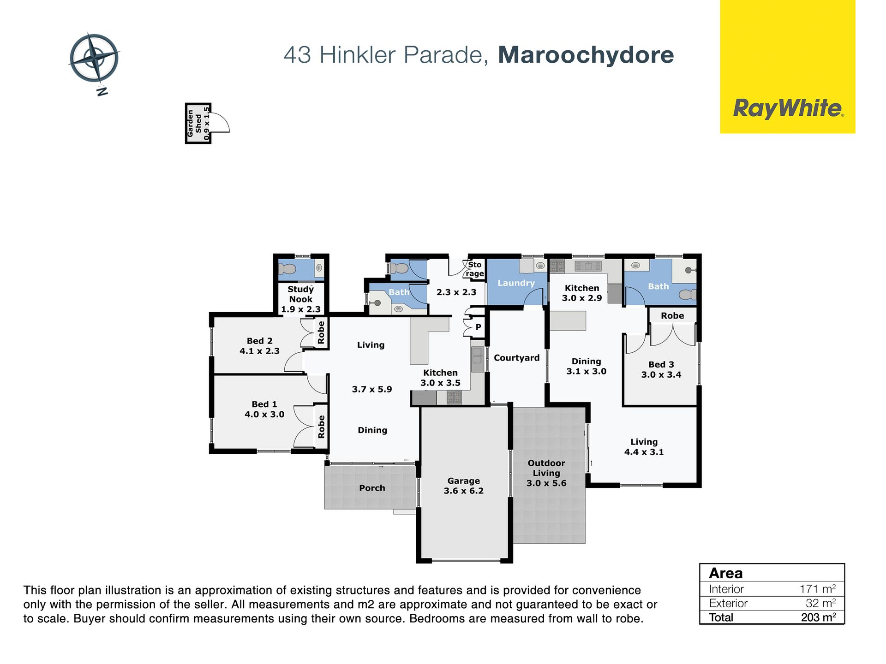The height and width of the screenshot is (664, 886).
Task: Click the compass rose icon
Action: [x=94, y=59]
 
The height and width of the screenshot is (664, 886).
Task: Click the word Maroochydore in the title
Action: [x=586, y=55]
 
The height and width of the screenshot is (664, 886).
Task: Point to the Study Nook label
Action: [x=301, y=294]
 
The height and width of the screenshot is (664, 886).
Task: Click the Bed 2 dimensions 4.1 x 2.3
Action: [x=260, y=351]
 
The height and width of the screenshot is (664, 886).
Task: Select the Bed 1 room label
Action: [x=264, y=404]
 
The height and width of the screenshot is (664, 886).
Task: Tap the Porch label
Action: [x=372, y=488]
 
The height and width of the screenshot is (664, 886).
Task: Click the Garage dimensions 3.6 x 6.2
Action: [x=464, y=491]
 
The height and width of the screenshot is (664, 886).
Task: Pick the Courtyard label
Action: [x=517, y=358]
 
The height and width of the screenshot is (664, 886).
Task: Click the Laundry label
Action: [x=516, y=283]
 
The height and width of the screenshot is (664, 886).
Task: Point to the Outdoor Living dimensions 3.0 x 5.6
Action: [x=546, y=483]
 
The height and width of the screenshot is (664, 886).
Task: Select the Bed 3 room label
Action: [x=661, y=365]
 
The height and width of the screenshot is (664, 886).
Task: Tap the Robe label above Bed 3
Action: [x=672, y=316]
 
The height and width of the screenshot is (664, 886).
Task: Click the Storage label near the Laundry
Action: [x=475, y=269]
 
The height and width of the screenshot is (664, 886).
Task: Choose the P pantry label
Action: [x=479, y=327]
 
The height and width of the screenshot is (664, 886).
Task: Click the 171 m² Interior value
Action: [x=818, y=589]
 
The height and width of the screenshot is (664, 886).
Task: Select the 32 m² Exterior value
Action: [x=821, y=603]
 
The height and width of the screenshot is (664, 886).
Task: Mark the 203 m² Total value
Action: [x=819, y=617]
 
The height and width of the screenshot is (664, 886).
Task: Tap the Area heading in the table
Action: [x=726, y=573]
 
